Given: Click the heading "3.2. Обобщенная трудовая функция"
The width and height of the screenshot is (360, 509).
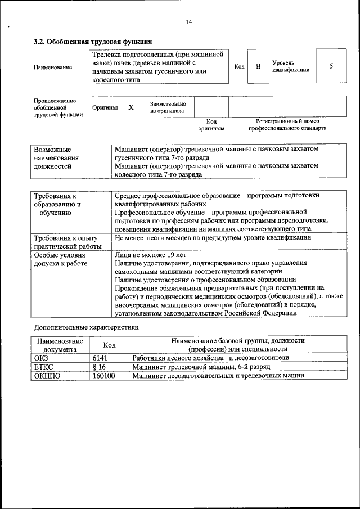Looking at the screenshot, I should [93, 42].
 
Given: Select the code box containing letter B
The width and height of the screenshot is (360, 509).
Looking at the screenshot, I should [258, 67].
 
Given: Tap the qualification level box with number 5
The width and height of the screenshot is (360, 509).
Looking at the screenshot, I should [331, 66].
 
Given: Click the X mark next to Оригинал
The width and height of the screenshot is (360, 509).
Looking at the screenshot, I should [130, 107].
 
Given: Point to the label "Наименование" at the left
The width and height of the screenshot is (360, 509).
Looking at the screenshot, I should [53, 67].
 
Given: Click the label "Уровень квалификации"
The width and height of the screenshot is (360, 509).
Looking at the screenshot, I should [290, 67].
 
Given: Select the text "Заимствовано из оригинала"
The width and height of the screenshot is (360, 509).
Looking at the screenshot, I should [168, 107].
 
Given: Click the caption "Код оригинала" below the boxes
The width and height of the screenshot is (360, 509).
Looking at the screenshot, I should [211, 124].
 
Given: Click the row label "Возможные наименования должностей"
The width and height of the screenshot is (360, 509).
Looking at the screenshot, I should [56, 159].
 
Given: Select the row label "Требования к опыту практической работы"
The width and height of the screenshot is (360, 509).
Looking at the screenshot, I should [67, 242].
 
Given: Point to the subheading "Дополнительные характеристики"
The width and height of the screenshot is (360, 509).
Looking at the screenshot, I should [86, 326].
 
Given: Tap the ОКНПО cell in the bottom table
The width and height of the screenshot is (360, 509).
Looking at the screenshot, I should [47, 375].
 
